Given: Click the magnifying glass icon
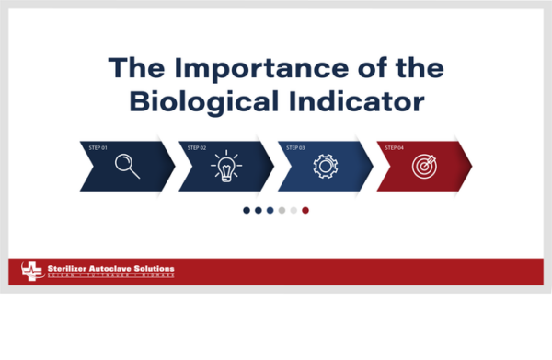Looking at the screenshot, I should pyautogui.click(x=127, y=166).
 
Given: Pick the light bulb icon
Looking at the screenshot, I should pyautogui.click(x=225, y=167).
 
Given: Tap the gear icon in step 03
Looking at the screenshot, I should pyautogui.click(x=325, y=167).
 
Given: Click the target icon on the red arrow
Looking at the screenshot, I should pyautogui.click(x=424, y=167).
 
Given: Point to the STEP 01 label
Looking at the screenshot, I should pyautogui.click(x=98, y=147).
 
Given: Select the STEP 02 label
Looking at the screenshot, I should pyautogui.click(x=196, y=147).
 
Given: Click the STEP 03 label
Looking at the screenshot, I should pyautogui.click(x=295, y=147).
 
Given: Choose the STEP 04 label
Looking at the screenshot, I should pyautogui.click(x=394, y=147).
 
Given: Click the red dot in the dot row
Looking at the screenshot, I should pyautogui.click(x=305, y=210).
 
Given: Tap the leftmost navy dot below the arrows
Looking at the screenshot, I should pyautogui.click(x=247, y=210).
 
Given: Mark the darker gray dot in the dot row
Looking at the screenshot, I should pyautogui.click(x=282, y=210).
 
